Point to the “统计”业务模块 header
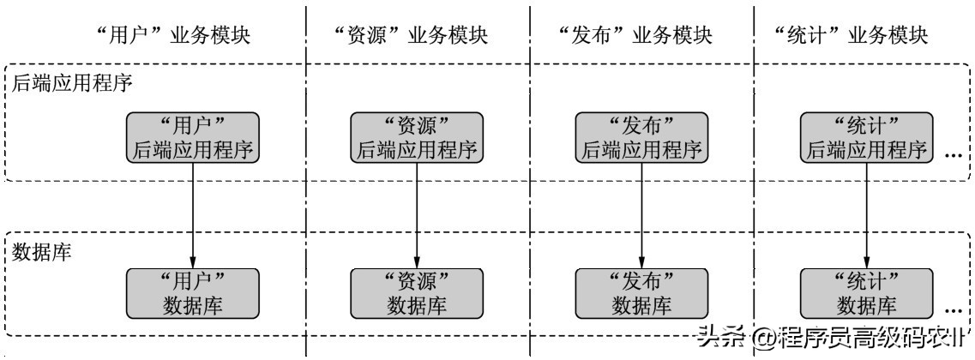pyautogui.click(x=851, y=36)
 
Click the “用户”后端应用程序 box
pyautogui.click(x=193, y=137)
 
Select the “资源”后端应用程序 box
pyautogui.click(x=416, y=137)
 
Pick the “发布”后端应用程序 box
pyautogui.click(x=641, y=137)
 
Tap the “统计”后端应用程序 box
pyautogui.click(x=865, y=137)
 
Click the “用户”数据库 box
pyautogui.click(x=193, y=292)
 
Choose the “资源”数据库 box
pyautogui.click(x=416, y=292)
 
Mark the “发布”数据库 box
pyautogui.click(x=641, y=292)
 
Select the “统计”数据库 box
pyautogui.click(x=865, y=292)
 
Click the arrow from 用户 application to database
pyautogui.click(x=193, y=214)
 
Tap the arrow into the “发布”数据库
pyautogui.click(x=641, y=214)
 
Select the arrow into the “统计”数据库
pyautogui.click(x=865, y=214)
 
